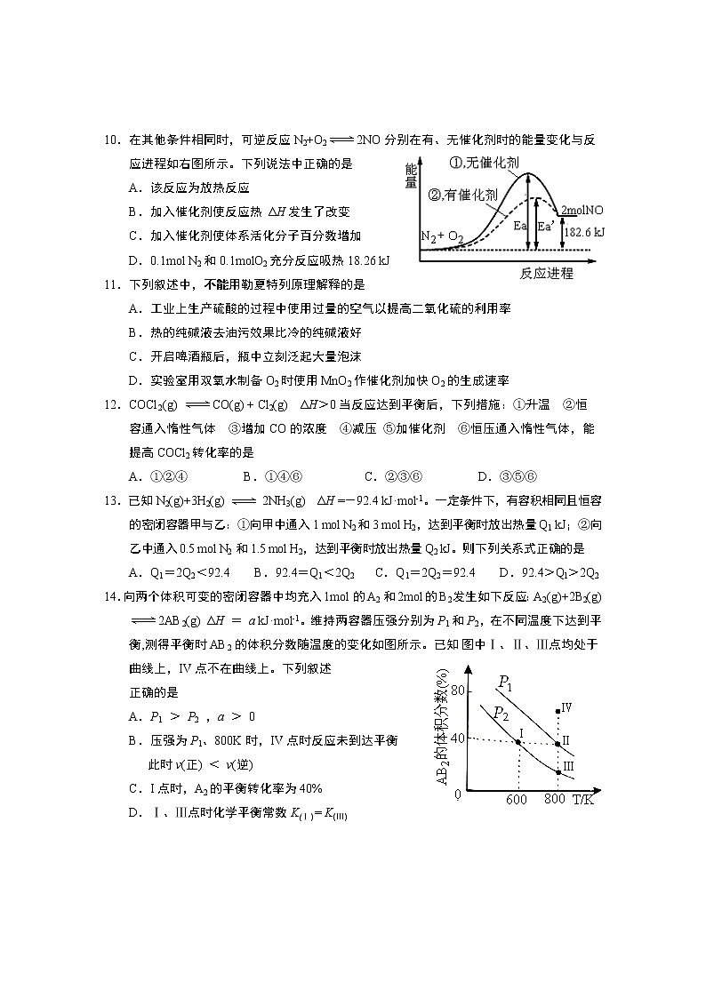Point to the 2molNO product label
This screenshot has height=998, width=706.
(x=582, y=211)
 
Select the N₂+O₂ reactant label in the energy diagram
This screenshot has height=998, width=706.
(x=442, y=236)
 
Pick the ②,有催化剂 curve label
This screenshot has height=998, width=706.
(x=463, y=195)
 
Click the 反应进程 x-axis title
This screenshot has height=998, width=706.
(x=546, y=273)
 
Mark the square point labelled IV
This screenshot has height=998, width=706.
(x=558, y=711)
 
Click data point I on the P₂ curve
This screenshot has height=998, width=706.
(x=518, y=741)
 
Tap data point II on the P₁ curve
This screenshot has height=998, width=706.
(x=558, y=743)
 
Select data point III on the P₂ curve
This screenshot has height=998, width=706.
(x=558, y=771)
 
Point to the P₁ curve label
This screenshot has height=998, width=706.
(x=504, y=683)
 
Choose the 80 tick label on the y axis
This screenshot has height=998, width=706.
(x=459, y=691)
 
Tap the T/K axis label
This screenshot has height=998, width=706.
(x=583, y=800)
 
